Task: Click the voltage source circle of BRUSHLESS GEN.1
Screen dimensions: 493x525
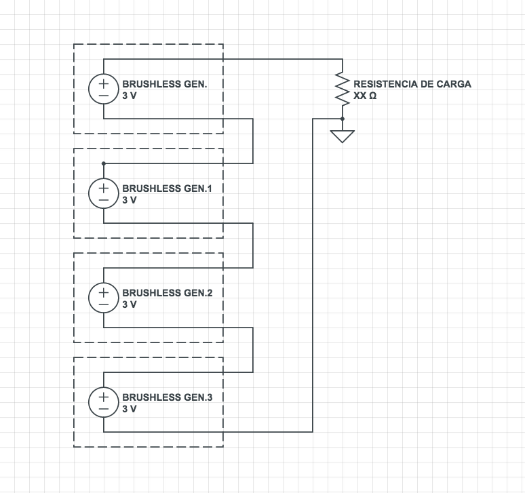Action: coord(103,193)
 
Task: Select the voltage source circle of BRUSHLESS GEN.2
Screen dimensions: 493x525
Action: coord(103,298)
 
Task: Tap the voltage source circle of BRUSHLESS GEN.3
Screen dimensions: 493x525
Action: coord(103,402)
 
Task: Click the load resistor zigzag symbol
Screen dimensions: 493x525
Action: coord(343,89)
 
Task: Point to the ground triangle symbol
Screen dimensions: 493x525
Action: coord(343,135)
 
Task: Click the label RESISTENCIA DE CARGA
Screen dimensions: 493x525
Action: coord(412,84)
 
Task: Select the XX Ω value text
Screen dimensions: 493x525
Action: coord(365,96)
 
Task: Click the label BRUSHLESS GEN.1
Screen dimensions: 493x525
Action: coord(167,189)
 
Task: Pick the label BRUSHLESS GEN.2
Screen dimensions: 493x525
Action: coord(167,293)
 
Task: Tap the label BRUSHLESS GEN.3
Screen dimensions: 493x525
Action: coord(167,397)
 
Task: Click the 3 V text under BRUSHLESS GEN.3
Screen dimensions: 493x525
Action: coord(130,410)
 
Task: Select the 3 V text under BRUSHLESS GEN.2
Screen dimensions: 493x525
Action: coord(130,305)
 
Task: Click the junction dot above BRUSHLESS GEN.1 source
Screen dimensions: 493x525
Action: coord(103,163)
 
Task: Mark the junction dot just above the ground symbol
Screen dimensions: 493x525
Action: coord(343,119)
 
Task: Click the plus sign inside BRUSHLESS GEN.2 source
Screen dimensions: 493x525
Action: coord(103,292)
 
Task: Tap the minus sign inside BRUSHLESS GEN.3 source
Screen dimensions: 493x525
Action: coord(103,409)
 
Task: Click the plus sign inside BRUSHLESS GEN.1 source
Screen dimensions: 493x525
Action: coord(103,187)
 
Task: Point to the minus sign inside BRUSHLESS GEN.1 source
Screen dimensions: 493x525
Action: coord(103,200)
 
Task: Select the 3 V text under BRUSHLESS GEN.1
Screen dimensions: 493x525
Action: coord(130,201)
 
